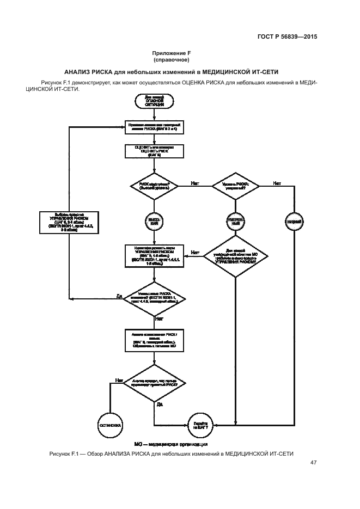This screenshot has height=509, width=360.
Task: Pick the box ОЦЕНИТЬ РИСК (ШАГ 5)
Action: [x=154, y=151]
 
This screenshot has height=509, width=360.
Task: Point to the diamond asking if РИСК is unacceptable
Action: [x=154, y=186]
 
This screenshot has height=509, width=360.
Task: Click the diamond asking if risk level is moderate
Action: [x=235, y=186]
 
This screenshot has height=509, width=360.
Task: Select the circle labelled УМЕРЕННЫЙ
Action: [x=235, y=220]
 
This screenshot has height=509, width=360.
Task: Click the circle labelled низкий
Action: [x=292, y=220]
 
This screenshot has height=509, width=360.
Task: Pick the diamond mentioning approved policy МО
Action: [x=235, y=255]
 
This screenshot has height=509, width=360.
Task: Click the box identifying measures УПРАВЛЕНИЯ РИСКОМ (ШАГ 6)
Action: [x=154, y=256]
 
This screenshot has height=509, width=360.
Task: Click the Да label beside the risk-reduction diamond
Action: [x=119, y=296]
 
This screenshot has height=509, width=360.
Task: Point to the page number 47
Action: [x=313, y=463]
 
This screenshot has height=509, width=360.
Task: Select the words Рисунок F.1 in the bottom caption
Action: [x=64, y=453]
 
